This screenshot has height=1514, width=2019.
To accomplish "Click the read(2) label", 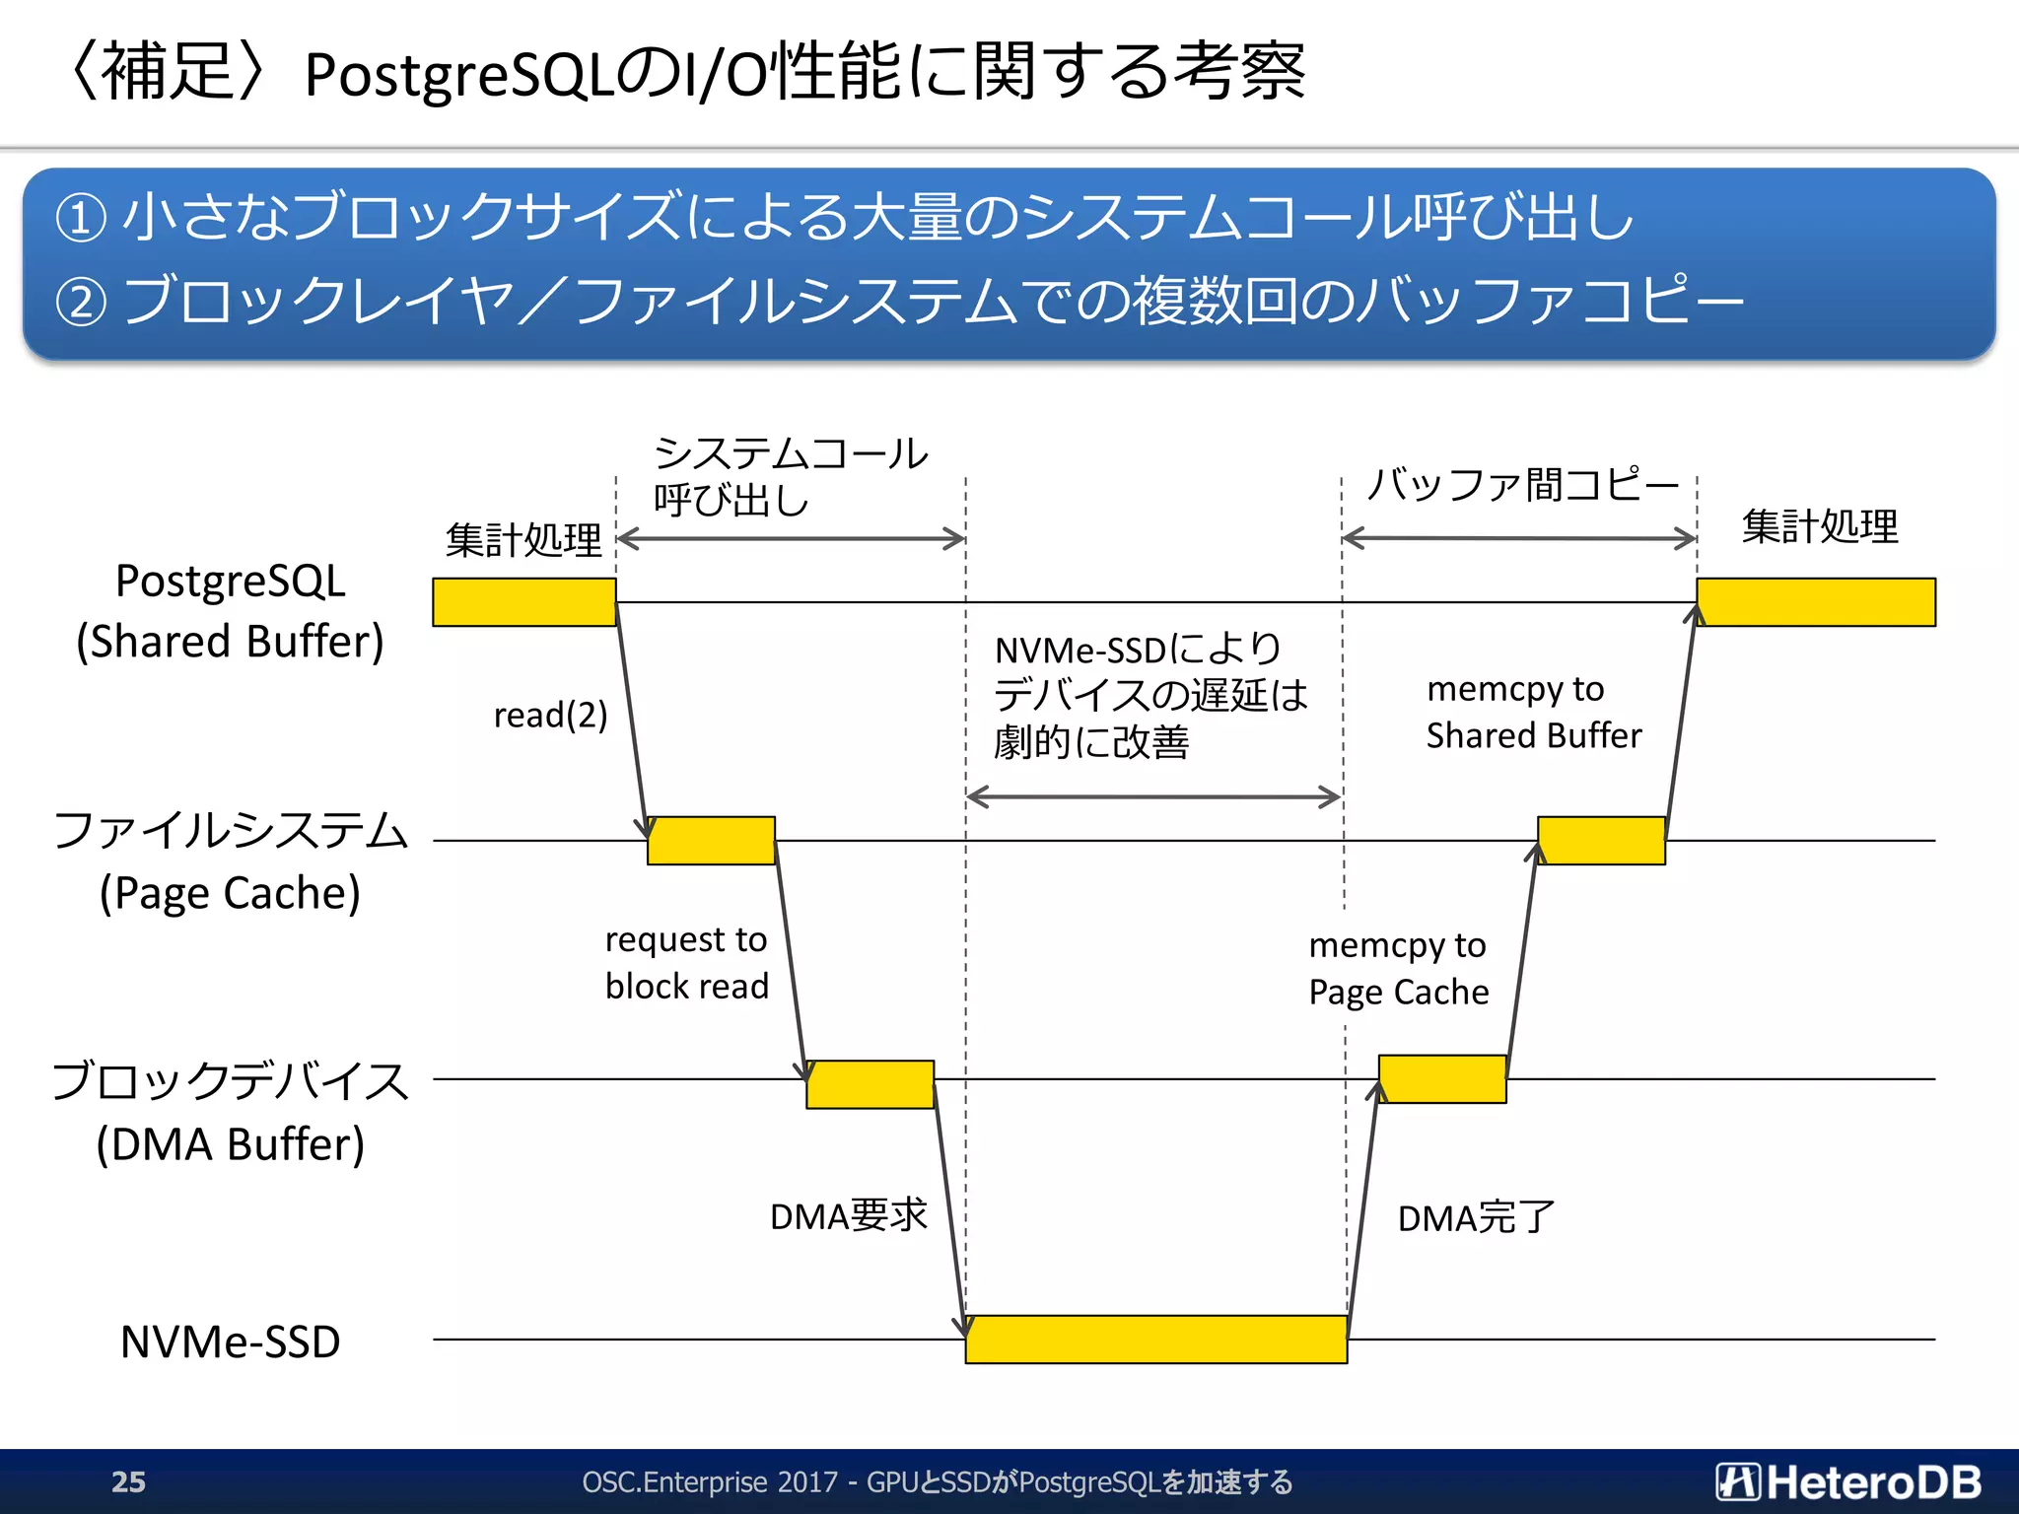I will coord(550,715).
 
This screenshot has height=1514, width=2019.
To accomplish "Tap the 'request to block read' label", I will coord(686,963).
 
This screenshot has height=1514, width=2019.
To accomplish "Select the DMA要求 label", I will coord(848,1215).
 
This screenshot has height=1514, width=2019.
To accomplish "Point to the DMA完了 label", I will coord(1475,1218).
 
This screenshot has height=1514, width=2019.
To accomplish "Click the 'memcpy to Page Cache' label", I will coord(1398,968).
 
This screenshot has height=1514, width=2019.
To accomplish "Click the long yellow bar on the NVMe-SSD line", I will coord(1155,1340).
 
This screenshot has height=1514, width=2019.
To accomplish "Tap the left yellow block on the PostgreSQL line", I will coord(523,602).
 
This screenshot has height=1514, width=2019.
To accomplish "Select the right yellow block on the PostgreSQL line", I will coord(1815,602).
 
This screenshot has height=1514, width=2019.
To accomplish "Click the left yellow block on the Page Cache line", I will coord(711,841).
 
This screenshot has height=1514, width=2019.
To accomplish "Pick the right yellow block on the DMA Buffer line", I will coord(1441,1079).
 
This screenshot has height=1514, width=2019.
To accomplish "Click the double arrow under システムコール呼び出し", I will coord(791,538).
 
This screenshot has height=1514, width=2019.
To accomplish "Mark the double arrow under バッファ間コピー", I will coord(1518,538).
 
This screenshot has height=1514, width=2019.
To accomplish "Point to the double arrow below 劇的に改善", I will coord(1153,796).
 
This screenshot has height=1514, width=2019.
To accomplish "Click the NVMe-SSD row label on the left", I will coord(230,1342).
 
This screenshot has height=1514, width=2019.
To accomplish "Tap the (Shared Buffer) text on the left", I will coord(230,641).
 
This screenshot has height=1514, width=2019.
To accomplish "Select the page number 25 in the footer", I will coord(128,1481).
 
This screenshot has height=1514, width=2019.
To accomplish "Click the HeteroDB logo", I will coord(1847,1481).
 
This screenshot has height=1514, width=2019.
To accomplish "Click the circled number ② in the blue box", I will coord(80,302).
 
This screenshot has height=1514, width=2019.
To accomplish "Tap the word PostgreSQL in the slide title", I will coord(459,75).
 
